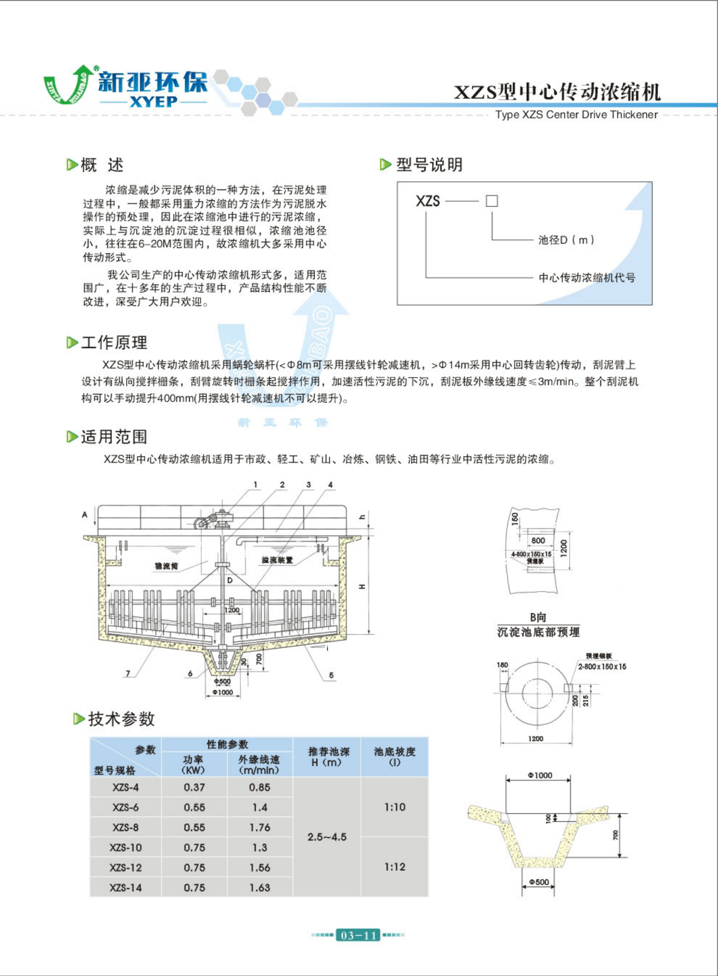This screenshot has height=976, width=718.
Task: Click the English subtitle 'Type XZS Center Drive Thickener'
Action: point(576,115)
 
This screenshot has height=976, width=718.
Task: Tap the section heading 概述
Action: point(102,165)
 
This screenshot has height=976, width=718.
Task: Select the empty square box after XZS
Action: point(492,201)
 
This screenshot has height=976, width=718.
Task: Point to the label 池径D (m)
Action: point(566,240)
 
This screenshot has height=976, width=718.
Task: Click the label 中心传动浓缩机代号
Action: point(587,277)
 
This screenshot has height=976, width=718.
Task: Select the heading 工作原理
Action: point(114,343)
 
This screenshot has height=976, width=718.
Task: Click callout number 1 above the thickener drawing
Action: point(256,485)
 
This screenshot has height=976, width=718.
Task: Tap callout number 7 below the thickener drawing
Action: point(128,674)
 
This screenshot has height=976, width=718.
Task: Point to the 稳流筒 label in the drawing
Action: point(166,566)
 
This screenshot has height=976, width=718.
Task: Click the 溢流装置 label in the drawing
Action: point(277,560)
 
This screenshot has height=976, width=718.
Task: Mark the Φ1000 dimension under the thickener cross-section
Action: point(223,692)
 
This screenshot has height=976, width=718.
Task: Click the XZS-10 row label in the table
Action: point(126,847)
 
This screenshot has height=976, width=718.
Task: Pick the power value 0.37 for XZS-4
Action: point(194,787)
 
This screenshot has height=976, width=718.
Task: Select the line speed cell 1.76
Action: point(260,827)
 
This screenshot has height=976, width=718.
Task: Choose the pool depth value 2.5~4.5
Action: point(327,837)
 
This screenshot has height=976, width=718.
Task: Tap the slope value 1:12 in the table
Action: point(394,867)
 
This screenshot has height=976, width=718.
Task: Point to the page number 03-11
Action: point(358,935)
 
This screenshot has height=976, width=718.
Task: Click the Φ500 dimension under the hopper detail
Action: point(539,882)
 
